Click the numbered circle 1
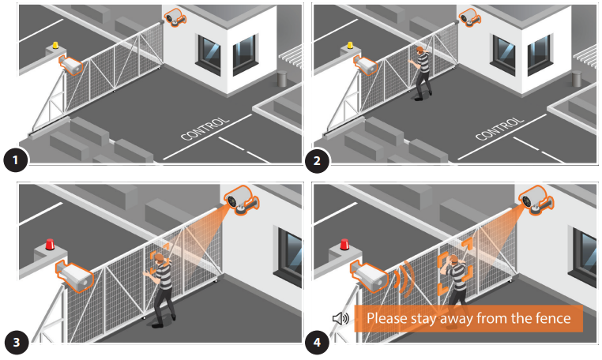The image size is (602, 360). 15,159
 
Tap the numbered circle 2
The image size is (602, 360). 317,160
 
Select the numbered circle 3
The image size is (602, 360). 16,343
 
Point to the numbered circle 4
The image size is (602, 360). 317,343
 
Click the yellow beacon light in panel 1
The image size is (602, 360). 55,45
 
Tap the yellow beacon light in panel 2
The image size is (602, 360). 350,45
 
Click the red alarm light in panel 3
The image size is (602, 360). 50,245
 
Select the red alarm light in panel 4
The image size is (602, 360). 344,245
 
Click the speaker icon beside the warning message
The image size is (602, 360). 341,318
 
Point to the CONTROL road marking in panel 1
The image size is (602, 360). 205,129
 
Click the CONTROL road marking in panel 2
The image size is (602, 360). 499,129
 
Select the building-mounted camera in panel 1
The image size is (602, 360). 175,17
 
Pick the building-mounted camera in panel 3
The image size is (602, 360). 242,200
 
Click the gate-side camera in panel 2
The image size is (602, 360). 365,65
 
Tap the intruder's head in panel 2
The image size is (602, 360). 421,51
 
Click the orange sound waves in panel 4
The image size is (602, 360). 404,279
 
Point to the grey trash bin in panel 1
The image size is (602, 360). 282,79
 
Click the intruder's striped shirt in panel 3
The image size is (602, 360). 163,275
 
